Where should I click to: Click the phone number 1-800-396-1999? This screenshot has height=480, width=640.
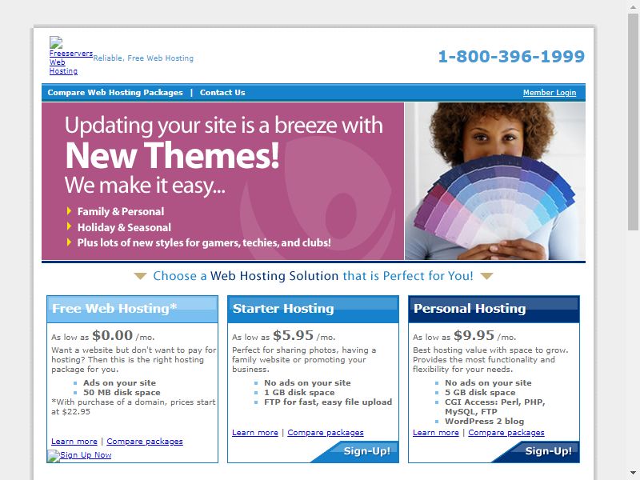coord(511,56)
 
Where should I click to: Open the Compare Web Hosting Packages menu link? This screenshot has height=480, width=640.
coord(115,93)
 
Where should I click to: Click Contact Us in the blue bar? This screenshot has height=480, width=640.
coord(222,93)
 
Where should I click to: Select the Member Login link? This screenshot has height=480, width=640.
coord(550,93)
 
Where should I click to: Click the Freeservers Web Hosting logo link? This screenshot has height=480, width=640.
coord(63,62)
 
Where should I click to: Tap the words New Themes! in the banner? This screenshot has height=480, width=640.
coord(172,155)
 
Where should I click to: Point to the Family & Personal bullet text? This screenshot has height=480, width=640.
coord(121,211)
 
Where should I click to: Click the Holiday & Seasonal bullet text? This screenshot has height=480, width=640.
coord(124,227)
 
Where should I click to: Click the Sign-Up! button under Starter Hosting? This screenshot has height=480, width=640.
coord(366,451)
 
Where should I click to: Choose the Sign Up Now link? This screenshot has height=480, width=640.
coord(86,455)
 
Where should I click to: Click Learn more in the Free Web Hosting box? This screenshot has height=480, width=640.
coord(74,442)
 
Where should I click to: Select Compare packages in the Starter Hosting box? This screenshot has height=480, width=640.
coord(326,433)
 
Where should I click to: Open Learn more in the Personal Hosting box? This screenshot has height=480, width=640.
coord(435,433)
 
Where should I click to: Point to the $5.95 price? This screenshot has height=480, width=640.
coord(293,335)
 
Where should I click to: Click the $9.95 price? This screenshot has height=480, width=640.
coord(474,335)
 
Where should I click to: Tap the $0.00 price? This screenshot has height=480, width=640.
coord(112,335)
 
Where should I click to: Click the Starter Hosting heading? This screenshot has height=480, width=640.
coord(283,309)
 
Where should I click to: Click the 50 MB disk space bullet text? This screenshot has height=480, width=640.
coord(122,393)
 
